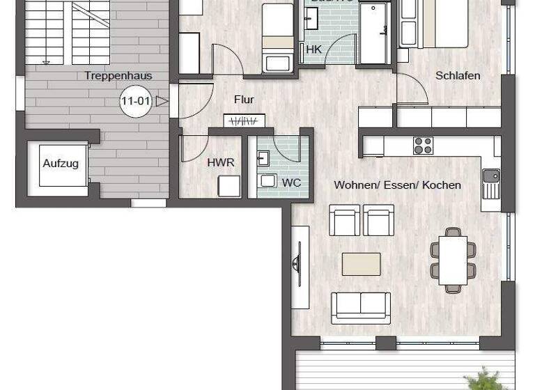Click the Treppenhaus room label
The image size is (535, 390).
(x=118, y=76)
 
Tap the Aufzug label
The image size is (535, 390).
(x=61, y=164)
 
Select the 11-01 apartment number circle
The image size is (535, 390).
(x=135, y=102)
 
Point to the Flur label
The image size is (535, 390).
(x=244, y=100)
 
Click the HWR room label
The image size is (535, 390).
(x=220, y=162)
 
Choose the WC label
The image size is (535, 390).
(x=290, y=182)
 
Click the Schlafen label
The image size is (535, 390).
(x=458, y=76)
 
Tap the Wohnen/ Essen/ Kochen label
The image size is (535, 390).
(x=397, y=185)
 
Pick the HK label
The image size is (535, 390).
(x=313, y=50)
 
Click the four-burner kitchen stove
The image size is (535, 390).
(x=423, y=146)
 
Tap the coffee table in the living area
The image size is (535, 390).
(x=361, y=264)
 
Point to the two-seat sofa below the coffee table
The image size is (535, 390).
(x=360, y=306)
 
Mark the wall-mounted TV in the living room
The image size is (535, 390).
(x=297, y=265)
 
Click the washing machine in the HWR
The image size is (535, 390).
(x=228, y=187)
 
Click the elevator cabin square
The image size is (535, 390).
(x=62, y=165)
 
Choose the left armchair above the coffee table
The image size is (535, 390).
(x=345, y=221)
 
